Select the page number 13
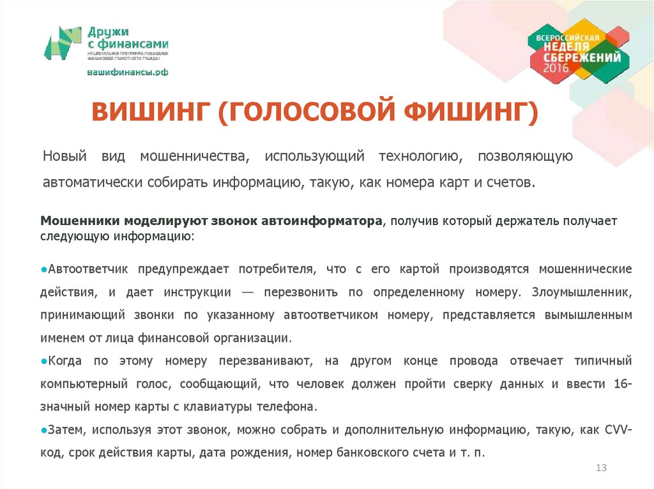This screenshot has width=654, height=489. click(x=600, y=468)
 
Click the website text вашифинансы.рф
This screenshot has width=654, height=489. click(x=128, y=73)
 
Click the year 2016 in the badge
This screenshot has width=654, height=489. click(x=556, y=68)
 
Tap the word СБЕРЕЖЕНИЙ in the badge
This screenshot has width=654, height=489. click(x=581, y=57)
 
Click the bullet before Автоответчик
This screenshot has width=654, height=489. click(x=43, y=270)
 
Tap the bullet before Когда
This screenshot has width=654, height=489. click(x=43, y=361)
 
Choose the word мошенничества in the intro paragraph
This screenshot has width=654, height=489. click(x=194, y=156)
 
